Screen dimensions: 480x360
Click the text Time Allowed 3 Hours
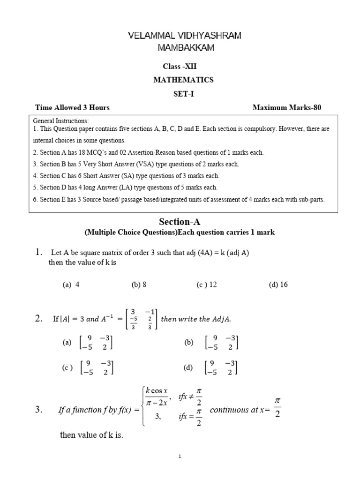72,108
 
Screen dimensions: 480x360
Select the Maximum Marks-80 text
287,108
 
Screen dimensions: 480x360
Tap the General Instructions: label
60,121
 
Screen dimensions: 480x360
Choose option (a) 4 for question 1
71,285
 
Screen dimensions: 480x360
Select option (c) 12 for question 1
207,285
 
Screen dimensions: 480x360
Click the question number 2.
39,319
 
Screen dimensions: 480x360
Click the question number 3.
39,410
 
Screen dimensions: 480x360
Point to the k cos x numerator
159,390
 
